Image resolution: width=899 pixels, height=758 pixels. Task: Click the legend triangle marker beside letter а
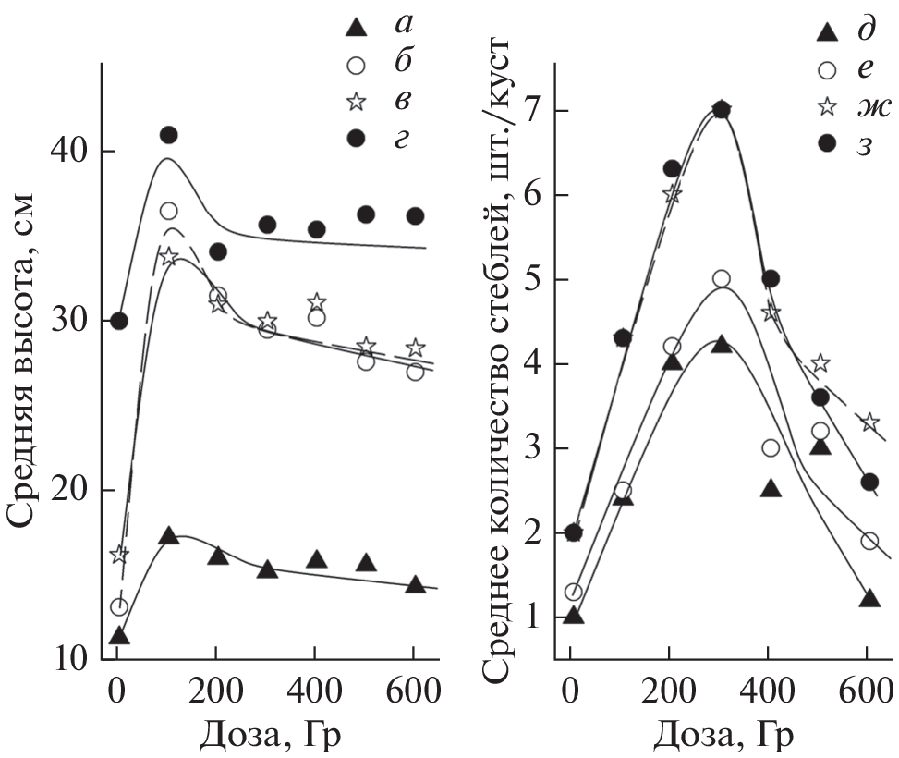[x=353, y=29]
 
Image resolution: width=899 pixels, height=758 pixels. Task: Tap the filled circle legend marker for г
[x=353, y=139]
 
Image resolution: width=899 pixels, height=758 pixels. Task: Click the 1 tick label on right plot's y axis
[x=533, y=617]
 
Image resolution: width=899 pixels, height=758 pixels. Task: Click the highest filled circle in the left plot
[x=168, y=135]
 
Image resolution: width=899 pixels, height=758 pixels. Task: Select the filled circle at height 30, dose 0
[x=119, y=321]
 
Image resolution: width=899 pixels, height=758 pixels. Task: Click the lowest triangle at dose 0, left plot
[x=119, y=636]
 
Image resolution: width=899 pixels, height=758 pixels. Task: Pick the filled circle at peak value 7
[x=722, y=110]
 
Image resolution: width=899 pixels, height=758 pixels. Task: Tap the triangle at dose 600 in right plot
[x=869, y=599]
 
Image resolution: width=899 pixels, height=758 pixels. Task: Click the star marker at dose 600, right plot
[x=869, y=422]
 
